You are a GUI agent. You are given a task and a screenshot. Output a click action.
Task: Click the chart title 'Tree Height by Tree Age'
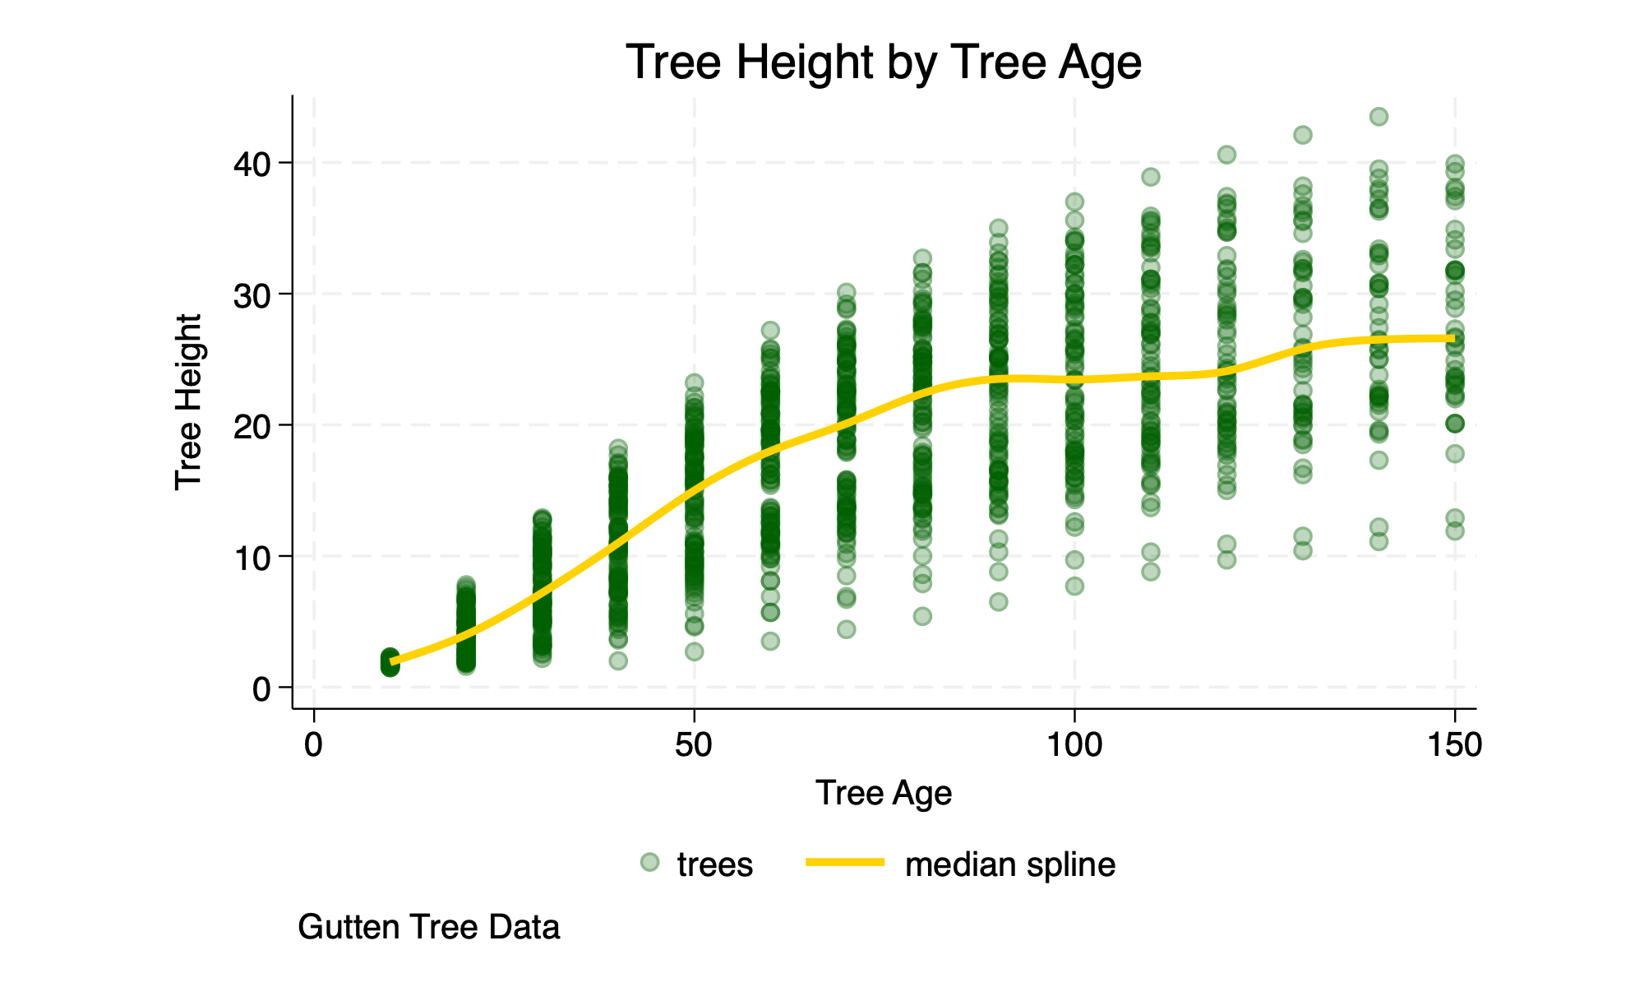coord(884,63)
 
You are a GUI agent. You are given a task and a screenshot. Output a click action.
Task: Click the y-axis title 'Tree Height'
coord(189,402)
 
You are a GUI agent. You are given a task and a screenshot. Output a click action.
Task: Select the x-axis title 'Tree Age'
coord(884,794)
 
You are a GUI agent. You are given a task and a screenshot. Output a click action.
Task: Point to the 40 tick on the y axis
coord(251,164)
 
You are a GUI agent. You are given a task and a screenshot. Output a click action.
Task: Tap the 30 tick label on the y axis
coord(251,294)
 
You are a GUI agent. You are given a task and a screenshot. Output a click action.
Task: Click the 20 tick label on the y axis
coord(251,425)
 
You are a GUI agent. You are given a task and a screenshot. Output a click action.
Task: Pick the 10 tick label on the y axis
coord(251,557)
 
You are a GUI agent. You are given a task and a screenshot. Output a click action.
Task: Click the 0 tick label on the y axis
coord(261,688)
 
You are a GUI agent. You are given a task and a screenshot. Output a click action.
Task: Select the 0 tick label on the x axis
coord(313,745)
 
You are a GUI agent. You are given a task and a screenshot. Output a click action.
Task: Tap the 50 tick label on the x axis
coord(694,745)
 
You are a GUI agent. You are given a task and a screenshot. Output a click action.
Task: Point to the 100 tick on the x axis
coord(1074,745)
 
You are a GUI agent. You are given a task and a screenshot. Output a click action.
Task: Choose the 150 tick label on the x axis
coord(1454,745)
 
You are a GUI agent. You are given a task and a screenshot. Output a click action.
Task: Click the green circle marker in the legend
coord(649,862)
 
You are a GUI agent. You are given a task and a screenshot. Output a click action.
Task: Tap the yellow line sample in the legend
coord(844,862)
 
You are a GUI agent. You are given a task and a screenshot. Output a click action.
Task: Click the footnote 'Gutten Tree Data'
coord(429,928)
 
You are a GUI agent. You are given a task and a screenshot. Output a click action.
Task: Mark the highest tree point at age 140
coord(1378,117)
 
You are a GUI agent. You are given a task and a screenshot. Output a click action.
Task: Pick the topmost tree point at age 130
coord(1303,135)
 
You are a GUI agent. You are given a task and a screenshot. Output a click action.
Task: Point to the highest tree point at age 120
coord(1226,155)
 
